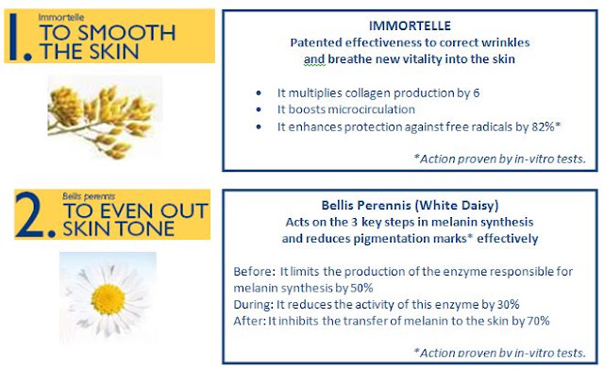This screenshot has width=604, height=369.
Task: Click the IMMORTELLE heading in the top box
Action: point(410,25)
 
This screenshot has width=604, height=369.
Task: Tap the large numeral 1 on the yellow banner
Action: point(14,37)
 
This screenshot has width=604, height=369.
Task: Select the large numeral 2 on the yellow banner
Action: point(31,214)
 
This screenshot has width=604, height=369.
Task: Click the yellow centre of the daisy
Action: point(108,299)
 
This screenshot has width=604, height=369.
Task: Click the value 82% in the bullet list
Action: point(544,126)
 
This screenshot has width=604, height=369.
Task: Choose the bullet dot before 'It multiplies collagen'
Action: point(259,92)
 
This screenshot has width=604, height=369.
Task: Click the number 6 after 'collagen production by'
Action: point(476,92)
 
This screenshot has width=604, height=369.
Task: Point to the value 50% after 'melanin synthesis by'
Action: point(361,288)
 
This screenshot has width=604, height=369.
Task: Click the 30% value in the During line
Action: point(508,304)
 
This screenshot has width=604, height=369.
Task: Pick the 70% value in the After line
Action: point(538,321)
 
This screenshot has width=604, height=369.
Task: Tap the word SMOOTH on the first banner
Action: point(127,33)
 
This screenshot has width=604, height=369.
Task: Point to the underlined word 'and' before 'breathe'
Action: point(314,59)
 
